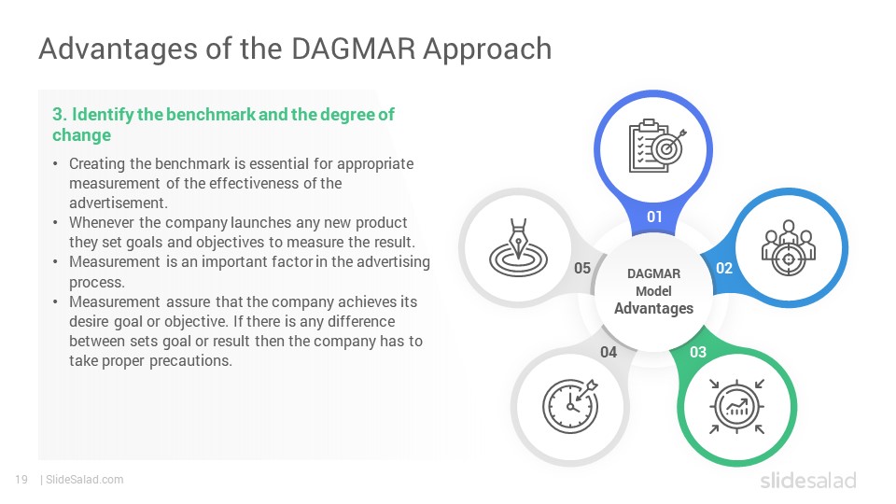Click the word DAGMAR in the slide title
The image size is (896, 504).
(353, 49)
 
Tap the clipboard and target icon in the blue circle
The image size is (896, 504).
(656, 146)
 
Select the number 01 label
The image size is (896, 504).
(654, 217)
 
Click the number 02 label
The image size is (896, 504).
(724, 268)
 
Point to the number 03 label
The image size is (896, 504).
(698, 352)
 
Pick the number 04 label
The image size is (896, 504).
(609, 352)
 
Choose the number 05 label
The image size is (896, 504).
(582, 268)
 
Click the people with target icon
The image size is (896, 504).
(789, 248)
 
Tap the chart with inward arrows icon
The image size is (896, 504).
(736, 407)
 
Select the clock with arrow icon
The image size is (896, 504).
(570, 406)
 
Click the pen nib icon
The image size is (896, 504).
(518, 248)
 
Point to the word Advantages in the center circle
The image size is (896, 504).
(653, 309)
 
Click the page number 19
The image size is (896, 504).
(21, 480)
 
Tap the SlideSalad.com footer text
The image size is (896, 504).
(85, 480)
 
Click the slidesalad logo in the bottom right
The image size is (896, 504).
(808, 480)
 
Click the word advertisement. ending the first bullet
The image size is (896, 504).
(119, 203)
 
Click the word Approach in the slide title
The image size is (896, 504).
(487, 49)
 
